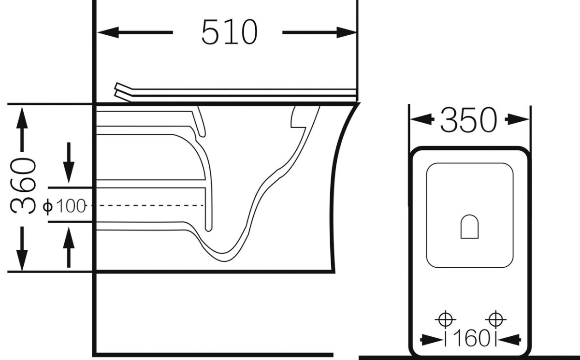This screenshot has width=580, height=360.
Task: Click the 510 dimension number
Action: (x=230, y=32)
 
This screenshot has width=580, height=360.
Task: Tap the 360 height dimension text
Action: (x=23, y=186)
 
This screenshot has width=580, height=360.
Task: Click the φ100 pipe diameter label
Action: (x=64, y=206)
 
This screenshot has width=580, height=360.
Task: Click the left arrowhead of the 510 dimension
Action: (x=108, y=32)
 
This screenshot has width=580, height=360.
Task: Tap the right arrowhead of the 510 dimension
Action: (x=347, y=32)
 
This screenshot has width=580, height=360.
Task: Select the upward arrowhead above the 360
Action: (x=22, y=118)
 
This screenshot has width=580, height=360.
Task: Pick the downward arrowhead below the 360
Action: (x=22, y=260)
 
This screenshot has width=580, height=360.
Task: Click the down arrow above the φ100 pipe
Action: (x=69, y=162)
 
